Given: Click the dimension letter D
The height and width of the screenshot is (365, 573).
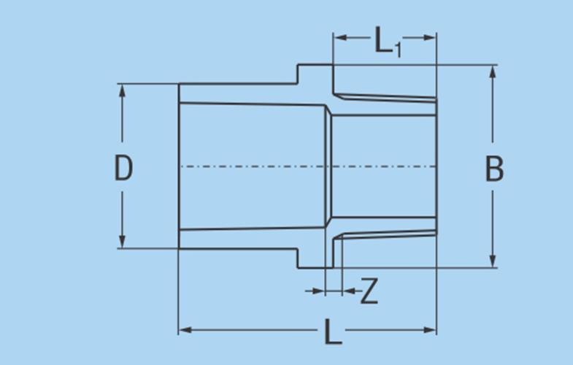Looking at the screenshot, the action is (123, 168).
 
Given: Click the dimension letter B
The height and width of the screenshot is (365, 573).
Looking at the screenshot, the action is (494, 169).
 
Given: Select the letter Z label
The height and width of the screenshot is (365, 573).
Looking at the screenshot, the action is (369, 291).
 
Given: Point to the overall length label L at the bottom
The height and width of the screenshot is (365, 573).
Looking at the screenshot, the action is (333, 331).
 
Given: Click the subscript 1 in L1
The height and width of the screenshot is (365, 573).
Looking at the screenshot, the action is (398, 50).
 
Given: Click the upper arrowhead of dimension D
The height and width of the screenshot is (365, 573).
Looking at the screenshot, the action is (123, 91).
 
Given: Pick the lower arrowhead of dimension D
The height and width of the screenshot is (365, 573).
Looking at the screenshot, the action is (123, 241).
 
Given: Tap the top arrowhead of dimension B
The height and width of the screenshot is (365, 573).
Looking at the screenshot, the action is (493, 72).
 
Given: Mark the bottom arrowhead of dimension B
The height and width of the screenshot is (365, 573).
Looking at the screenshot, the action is (493, 261).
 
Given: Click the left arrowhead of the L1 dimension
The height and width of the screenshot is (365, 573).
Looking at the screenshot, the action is (341, 37).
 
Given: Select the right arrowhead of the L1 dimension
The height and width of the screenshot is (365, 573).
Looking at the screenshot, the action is (429, 37).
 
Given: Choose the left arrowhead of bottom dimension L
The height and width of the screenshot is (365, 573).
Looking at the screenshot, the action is (185, 330).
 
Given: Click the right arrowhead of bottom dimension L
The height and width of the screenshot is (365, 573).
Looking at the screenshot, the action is (429, 330).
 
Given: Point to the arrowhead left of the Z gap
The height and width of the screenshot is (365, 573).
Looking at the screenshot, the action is (318, 291).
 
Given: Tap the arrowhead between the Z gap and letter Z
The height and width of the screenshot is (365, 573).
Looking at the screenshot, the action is (349, 291).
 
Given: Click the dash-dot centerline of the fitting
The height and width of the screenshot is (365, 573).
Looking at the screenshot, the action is (308, 166).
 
